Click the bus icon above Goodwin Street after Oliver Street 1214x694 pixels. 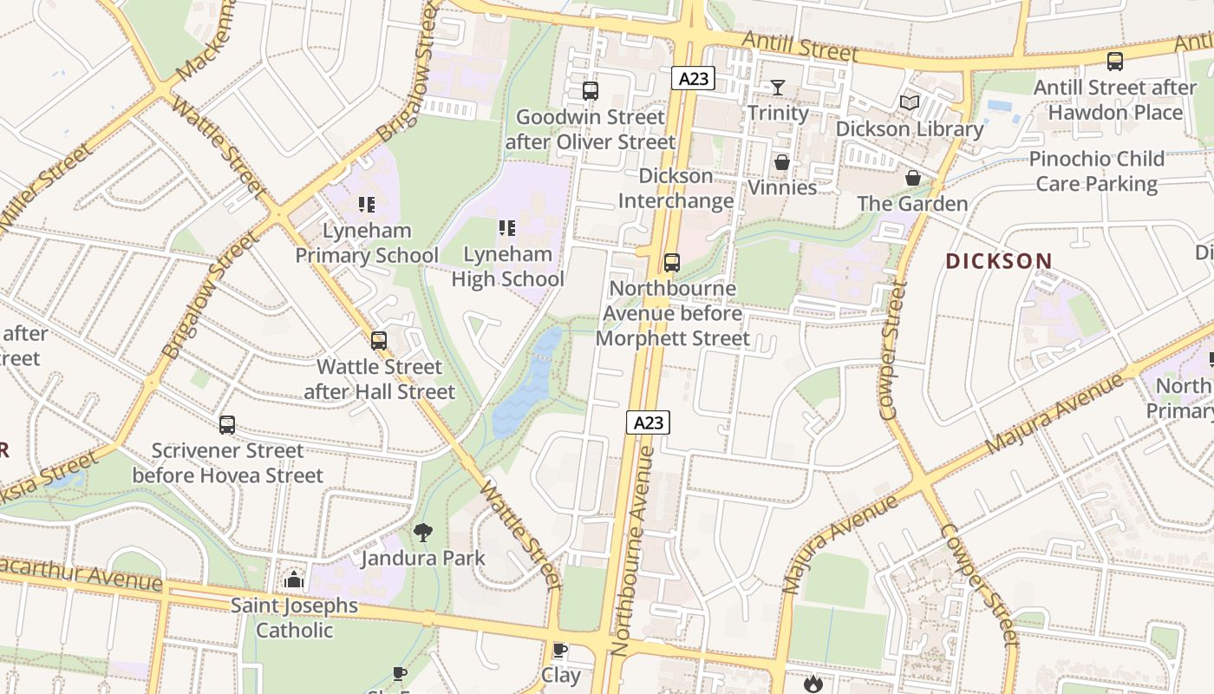pos(591,90)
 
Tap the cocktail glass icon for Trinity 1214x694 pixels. pos(778,87)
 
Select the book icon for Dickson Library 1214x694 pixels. pos(909,103)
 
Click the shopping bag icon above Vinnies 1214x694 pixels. pos(782,162)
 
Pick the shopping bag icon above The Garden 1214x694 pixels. pos(913,178)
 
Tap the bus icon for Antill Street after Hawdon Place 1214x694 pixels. pos(1115,62)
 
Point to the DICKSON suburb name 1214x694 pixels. pos(998,261)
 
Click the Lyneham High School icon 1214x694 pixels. pos(507,228)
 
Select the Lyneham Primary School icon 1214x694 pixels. pos(367,205)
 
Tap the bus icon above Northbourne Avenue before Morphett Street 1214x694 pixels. pos(672,263)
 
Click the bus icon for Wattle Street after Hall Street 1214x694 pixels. pos(379,341)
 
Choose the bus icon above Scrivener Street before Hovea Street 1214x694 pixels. pos(227,425)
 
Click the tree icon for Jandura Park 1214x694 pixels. pos(423,532)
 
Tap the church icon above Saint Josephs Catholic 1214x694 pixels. pos(294,579)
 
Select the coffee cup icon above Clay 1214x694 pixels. pos(560,650)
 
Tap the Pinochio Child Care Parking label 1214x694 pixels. pos(1096,171)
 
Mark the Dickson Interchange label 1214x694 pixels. pos(676,188)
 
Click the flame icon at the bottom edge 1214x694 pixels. pos(813,684)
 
